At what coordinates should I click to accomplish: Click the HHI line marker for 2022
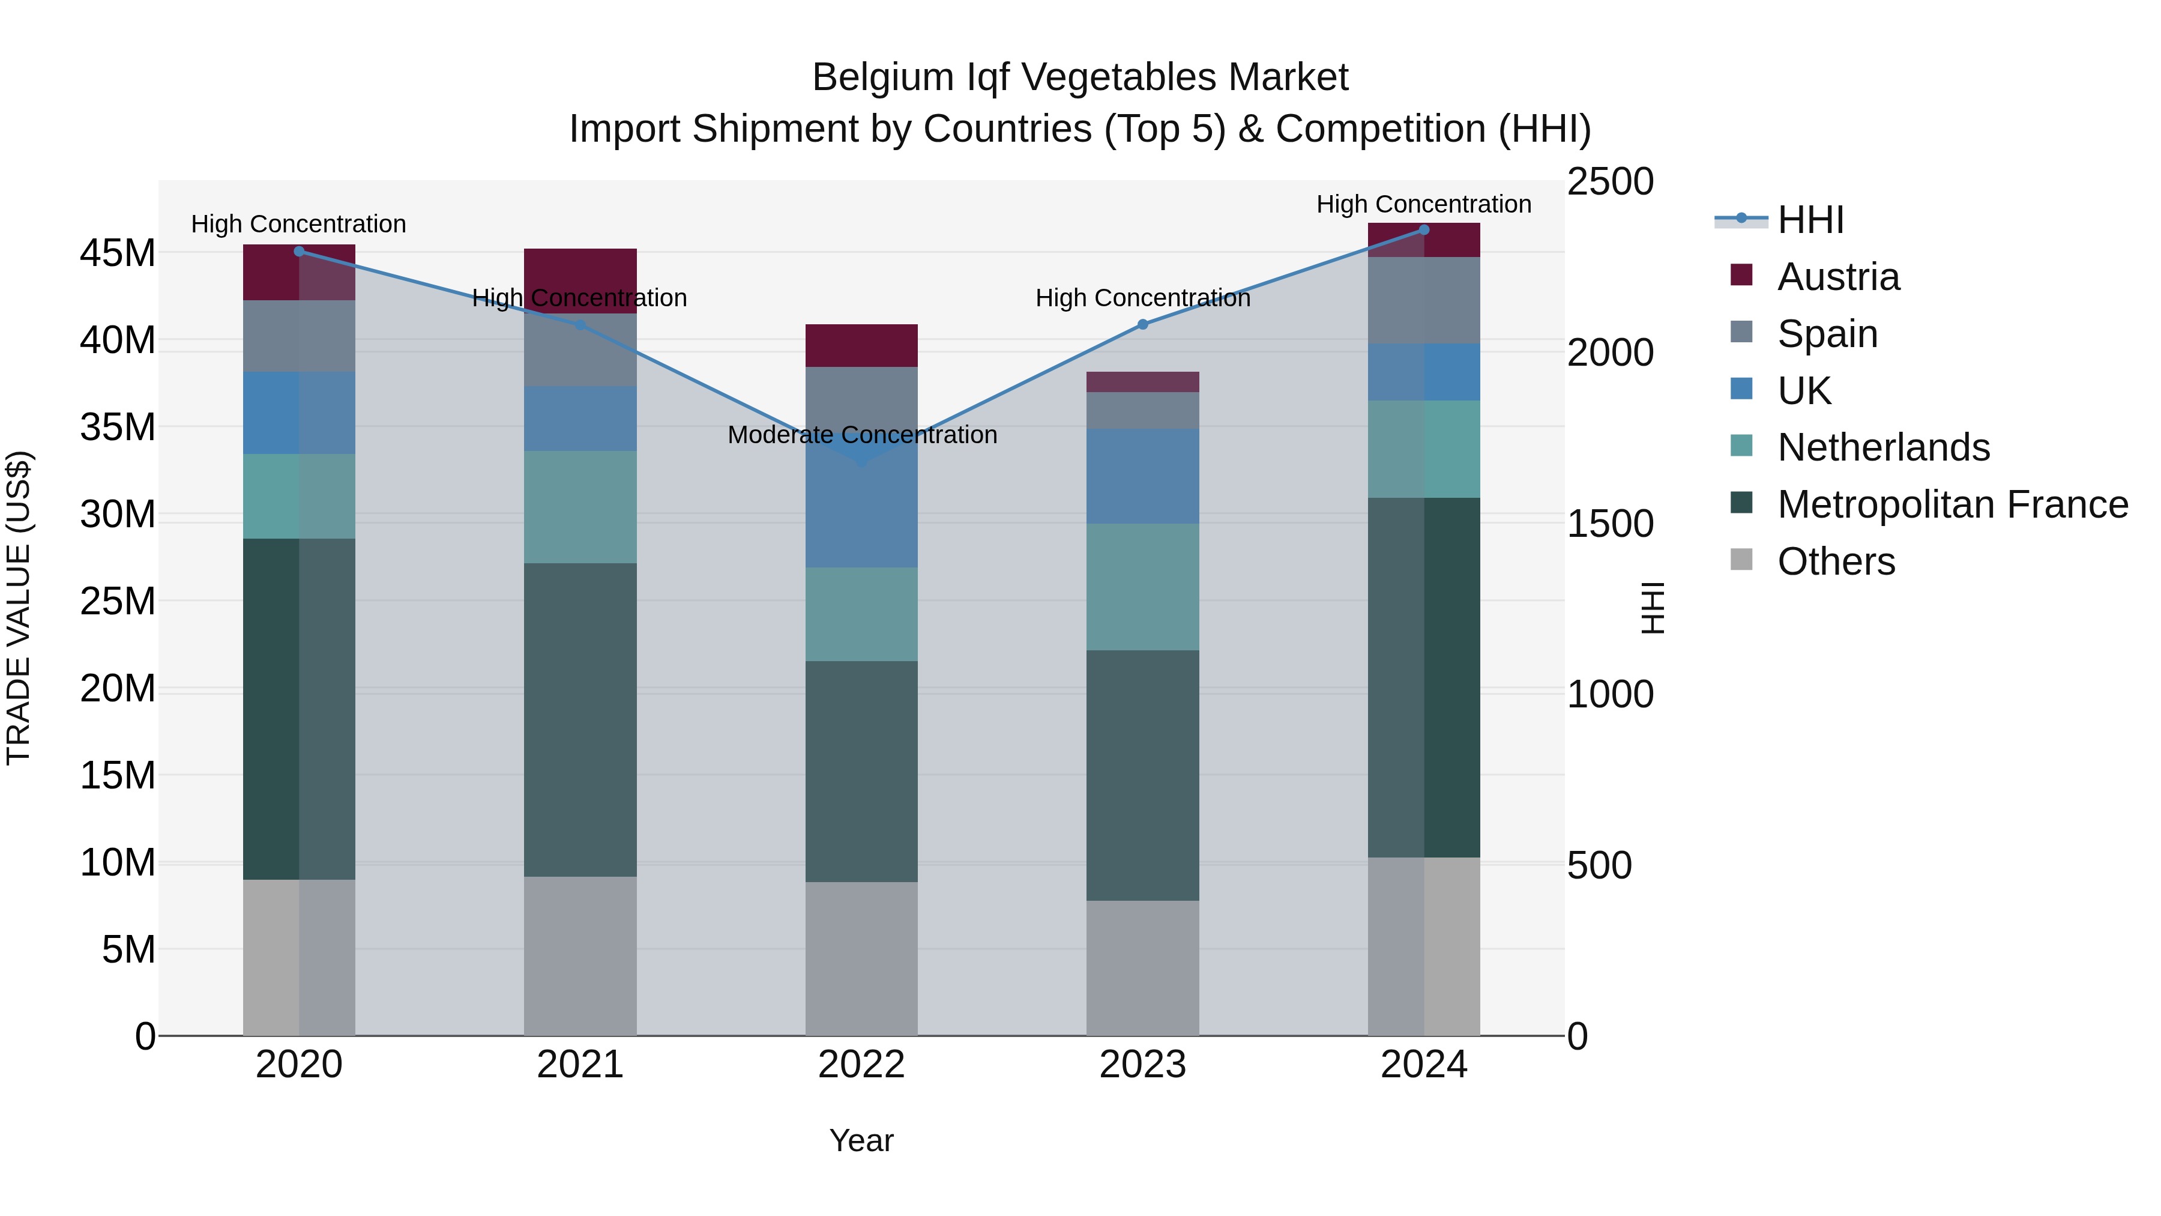(x=861, y=461)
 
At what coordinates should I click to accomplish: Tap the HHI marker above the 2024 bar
(x=1424, y=230)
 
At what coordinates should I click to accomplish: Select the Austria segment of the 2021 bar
(x=580, y=280)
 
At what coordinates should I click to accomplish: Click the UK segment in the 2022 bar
(x=861, y=512)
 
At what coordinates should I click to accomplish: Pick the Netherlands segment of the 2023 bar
(x=1142, y=587)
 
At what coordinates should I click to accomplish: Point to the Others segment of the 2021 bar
(x=580, y=956)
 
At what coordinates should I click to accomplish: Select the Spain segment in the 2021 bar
(x=580, y=350)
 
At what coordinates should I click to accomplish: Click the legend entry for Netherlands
(x=1882, y=447)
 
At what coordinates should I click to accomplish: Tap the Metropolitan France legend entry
(x=1952, y=504)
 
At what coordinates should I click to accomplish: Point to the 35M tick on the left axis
(x=118, y=427)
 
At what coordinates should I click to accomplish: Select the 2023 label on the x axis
(x=1142, y=1065)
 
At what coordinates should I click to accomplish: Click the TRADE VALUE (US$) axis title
(x=19, y=608)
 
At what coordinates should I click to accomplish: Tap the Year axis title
(x=861, y=1140)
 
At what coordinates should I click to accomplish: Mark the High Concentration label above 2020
(x=299, y=224)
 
